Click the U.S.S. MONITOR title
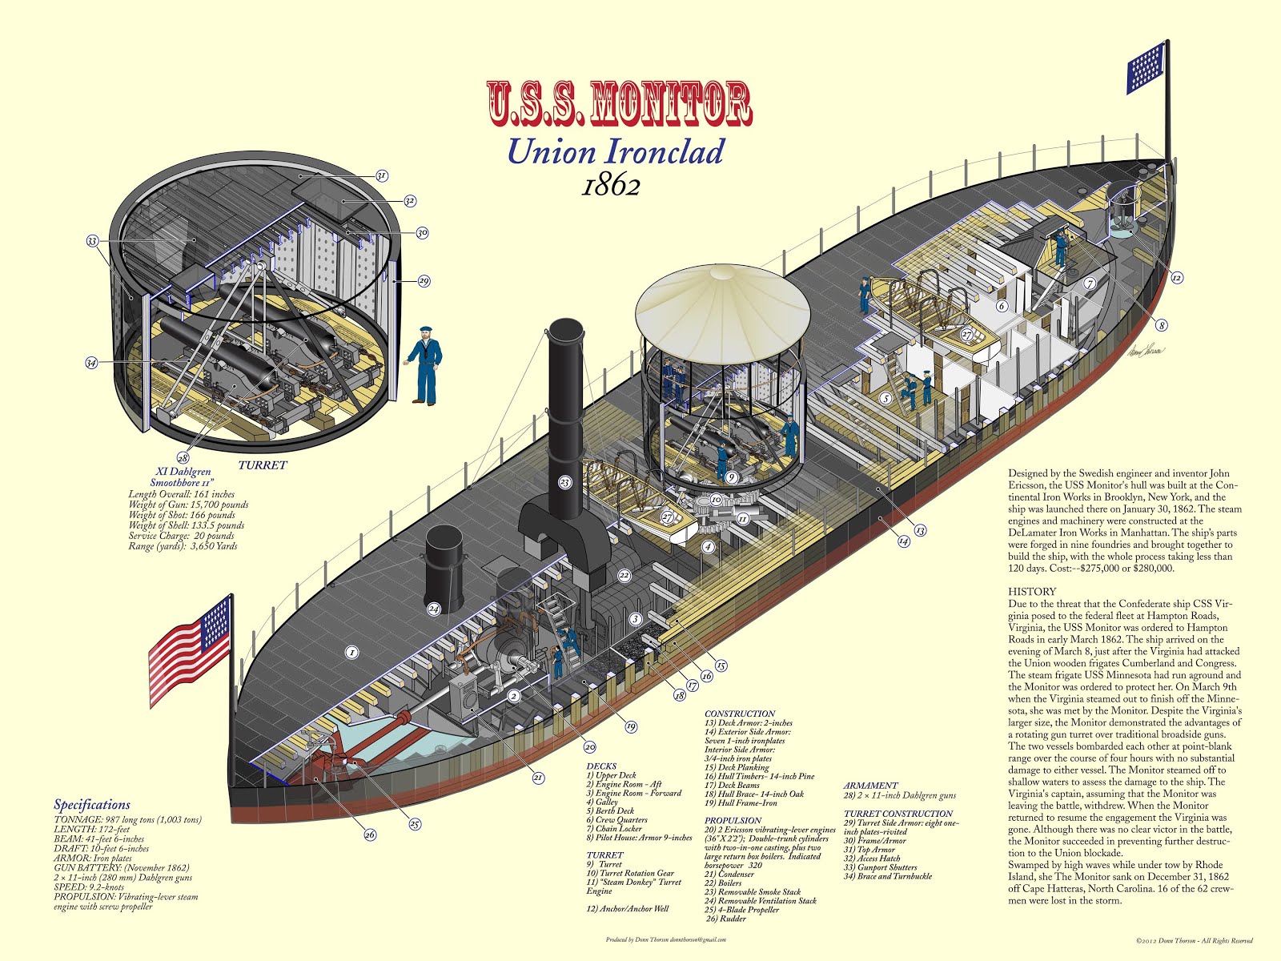coord(619,103)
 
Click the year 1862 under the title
coord(611,186)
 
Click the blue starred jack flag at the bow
coord(1146,67)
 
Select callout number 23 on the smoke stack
coord(565,482)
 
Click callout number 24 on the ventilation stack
coord(434,609)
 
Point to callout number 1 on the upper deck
coord(351,653)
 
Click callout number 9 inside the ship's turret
coord(731,477)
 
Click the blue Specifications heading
coord(92,805)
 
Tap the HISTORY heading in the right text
coord(1032,591)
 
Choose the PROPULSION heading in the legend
coord(733,820)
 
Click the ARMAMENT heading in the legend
coord(870,786)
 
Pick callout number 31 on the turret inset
coord(381,176)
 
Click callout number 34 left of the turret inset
coord(91,363)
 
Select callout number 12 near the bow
coord(1176,278)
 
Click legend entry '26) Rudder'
coord(725,919)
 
